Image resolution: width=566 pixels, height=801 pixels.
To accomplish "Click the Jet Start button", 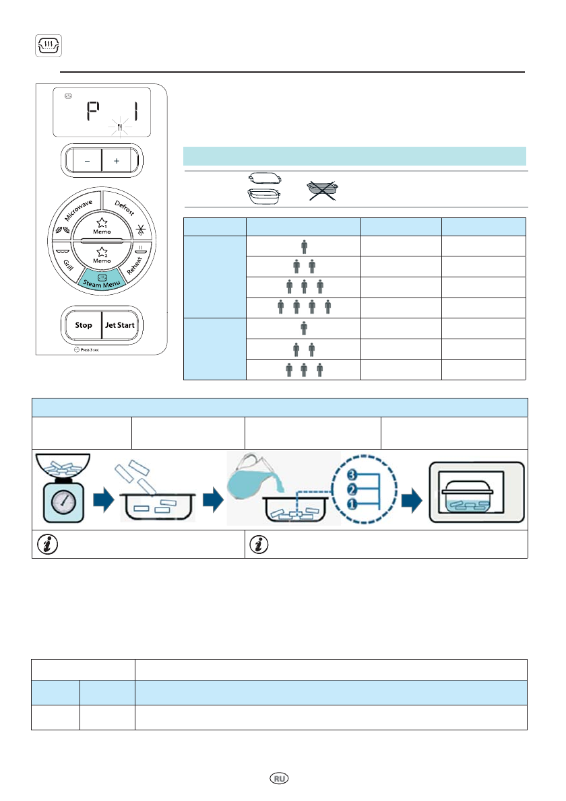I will click(120, 324).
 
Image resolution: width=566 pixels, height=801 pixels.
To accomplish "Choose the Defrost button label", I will click(125, 207).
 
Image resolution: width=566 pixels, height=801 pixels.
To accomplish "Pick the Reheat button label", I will click(135, 262).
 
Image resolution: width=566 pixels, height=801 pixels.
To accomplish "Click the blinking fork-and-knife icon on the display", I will click(119, 127).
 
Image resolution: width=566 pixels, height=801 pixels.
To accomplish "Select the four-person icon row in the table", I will click(304, 307).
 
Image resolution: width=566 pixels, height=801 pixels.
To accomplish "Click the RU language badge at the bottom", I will click(279, 777).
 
